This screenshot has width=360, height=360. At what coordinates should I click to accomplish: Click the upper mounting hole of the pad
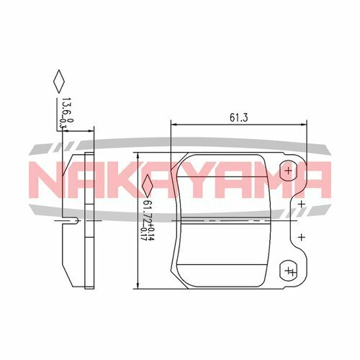pos(288,171)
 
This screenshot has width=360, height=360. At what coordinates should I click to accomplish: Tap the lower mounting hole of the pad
pos(288,270)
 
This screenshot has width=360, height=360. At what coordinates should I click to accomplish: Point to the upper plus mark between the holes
pos(302,204)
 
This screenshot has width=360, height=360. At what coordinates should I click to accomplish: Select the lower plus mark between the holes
pos(302,236)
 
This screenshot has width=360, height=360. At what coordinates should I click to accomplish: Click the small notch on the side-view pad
pos(72,218)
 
